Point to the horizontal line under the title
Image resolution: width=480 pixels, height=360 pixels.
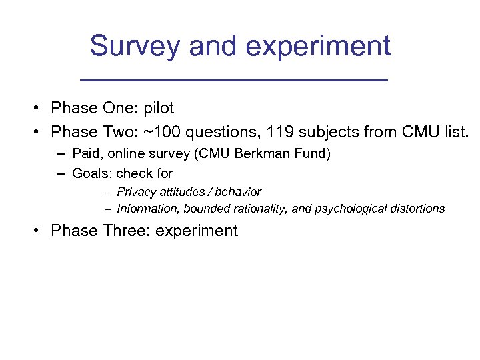click(x=233, y=80)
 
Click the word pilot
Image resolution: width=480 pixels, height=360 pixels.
click(x=159, y=109)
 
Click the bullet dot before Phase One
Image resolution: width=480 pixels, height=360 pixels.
click(x=41, y=109)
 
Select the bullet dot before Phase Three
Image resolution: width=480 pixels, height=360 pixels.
click(x=41, y=231)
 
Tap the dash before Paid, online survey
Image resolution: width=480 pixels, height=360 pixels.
click(x=61, y=154)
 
